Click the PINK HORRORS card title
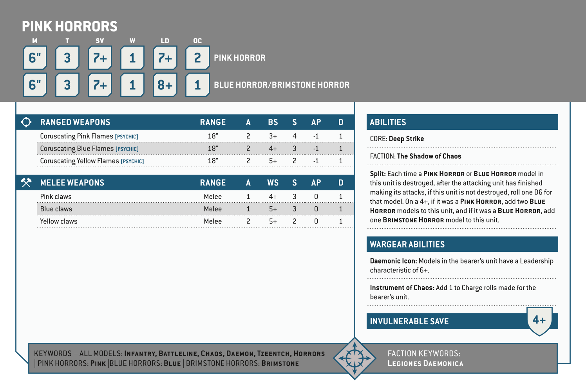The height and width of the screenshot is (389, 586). [x=69, y=27]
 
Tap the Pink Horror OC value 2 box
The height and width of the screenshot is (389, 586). [x=197, y=58]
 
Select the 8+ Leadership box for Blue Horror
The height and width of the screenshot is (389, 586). [x=165, y=85]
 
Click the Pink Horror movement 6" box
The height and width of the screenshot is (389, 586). [x=35, y=58]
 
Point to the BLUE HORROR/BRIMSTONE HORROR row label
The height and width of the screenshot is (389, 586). [x=281, y=85]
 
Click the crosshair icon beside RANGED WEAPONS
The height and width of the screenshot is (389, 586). [x=26, y=122]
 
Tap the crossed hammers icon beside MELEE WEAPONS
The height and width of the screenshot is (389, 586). [x=26, y=182]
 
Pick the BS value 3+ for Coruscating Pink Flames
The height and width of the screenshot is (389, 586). [x=273, y=136]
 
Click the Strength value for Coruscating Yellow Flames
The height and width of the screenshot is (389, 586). [x=295, y=161]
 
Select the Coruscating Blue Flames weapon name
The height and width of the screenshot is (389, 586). [x=77, y=149]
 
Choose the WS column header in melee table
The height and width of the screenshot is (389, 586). [x=273, y=183]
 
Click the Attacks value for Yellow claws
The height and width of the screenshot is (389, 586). [x=248, y=221]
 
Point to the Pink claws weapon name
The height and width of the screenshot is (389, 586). [x=56, y=196]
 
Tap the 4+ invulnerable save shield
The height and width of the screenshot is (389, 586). [x=539, y=320]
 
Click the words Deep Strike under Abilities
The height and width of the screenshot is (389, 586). [x=406, y=139]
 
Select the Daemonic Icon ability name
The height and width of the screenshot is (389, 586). [x=393, y=261]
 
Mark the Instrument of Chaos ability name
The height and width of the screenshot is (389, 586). [x=402, y=288]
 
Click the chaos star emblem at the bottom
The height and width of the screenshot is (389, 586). [x=354, y=358]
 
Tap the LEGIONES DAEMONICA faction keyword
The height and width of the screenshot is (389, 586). [x=425, y=364]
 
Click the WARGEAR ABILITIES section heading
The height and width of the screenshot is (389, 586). [x=407, y=244]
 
